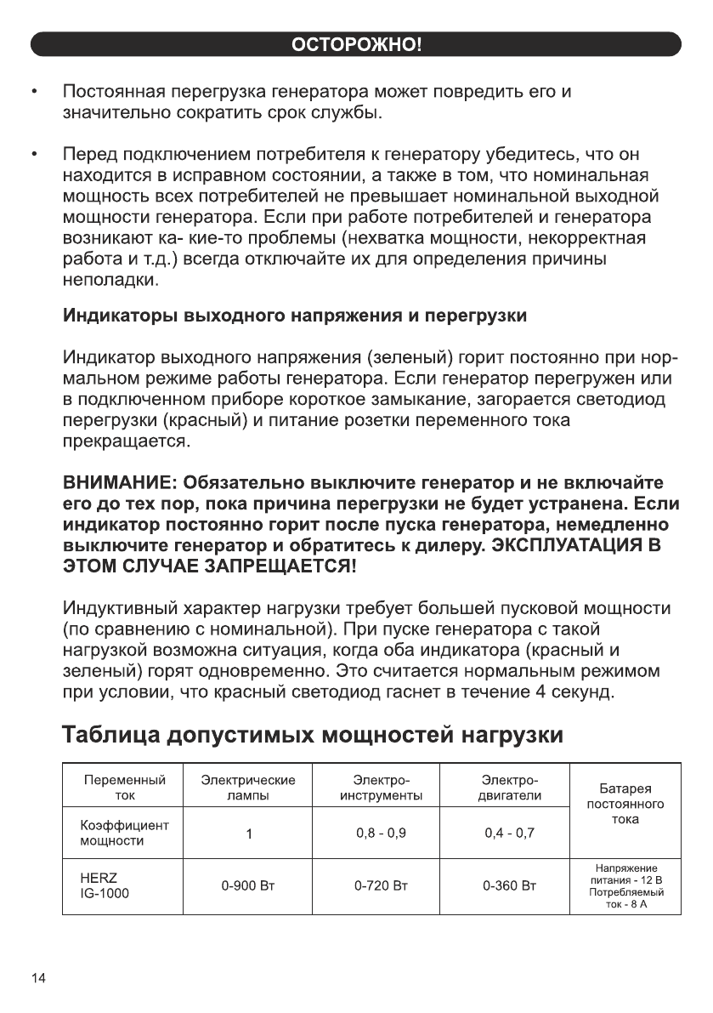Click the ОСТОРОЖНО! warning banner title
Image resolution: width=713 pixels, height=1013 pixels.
pyautogui.click(x=356, y=44)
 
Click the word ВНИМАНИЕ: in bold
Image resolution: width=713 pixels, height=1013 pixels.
pyautogui.click(x=120, y=483)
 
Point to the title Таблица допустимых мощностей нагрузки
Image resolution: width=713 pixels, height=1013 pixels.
pyautogui.click(x=314, y=733)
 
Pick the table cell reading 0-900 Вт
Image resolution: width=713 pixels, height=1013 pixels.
pyautogui.click(x=248, y=885)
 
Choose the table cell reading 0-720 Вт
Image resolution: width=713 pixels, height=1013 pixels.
pyautogui.click(x=381, y=885)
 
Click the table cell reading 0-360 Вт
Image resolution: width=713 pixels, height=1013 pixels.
pyautogui.click(x=509, y=885)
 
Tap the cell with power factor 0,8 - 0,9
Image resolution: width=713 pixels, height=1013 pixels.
pyautogui.click(x=381, y=833)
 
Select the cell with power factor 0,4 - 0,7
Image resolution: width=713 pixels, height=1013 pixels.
pyautogui.click(x=509, y=833)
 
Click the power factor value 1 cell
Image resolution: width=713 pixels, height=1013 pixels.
pyautogui.click(x=248, y=834)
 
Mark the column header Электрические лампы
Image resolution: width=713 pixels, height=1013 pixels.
pyautogui.click(x=248, y=788)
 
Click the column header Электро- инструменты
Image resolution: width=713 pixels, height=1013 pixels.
pyautogui.click(x=381, y=788)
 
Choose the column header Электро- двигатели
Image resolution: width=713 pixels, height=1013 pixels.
pyautogui.click(x=509, y=788)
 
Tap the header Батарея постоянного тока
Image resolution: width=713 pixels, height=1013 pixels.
pyautogui.click(x=625, y=804)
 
